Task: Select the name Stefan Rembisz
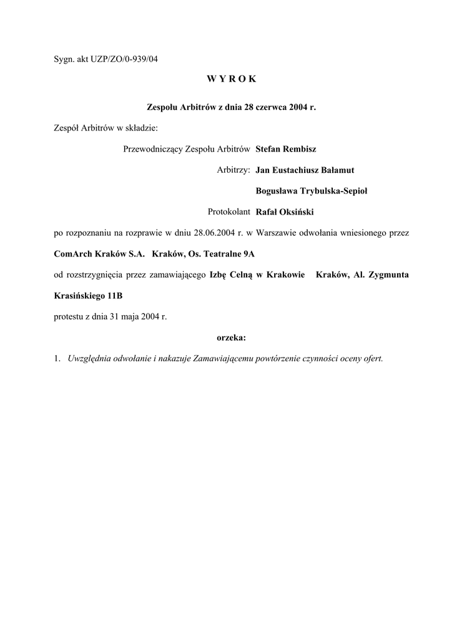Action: click(286, 149)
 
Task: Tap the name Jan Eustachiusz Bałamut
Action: click(305, 170)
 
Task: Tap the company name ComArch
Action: click(74, 254)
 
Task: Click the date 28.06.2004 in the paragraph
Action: click(215, 233)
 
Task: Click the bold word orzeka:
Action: click(231, 338)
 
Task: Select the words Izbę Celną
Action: click(230, 275)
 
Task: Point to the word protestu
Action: click(69, 316)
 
